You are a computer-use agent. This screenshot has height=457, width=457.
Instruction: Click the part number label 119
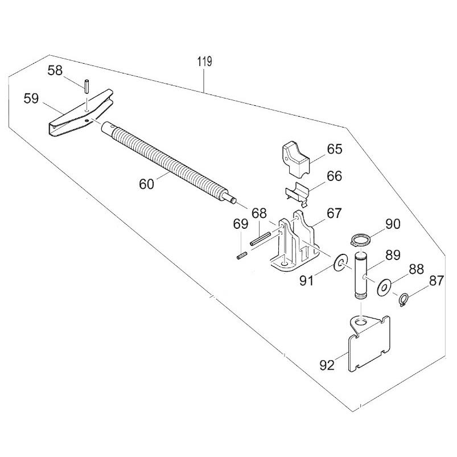tap(205, 63)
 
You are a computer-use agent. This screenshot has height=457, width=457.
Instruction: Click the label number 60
tap(146, 184)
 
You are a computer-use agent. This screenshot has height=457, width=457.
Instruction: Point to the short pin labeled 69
tap(241, 256)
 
